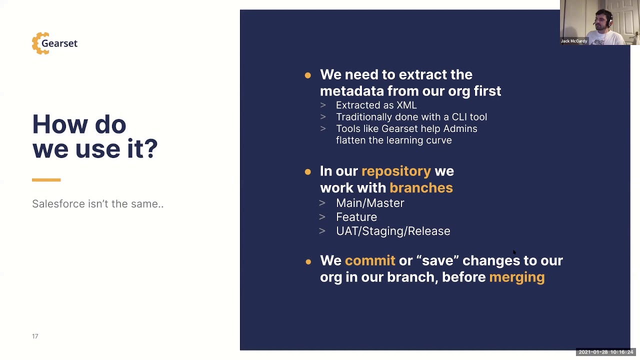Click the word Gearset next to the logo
click(x=59, y=43)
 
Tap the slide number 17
click(x=35, y=336)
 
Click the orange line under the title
click(x=46, y=180)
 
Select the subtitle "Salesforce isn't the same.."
click(x=97, y=204)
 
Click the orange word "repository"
click(x=396, y=171)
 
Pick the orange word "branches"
click(x=421, y=188)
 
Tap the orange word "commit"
click(x=369, y=260)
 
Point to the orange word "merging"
click(x=516, y=277)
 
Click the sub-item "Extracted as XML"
click(x=376, y=105)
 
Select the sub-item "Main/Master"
click(x=370, y=203)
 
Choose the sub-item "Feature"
click(x=356, y=217)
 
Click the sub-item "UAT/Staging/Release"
click(x=393, y=231)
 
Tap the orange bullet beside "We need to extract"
click(x=307, y=75)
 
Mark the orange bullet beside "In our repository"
click(x=307, y=172)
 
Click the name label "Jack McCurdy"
click(x=573, y=41)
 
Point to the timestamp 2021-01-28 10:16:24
click(x=605, y=352)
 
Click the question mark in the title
click(x=151, y=149)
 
